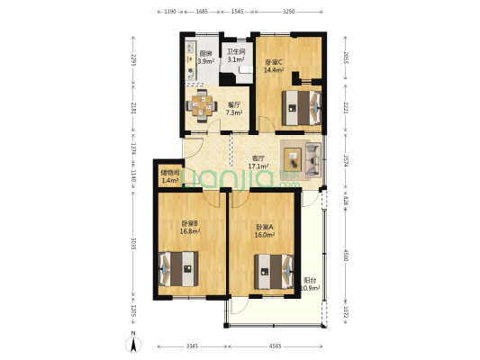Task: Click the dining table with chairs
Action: pyautogui.click(x=203, y=106)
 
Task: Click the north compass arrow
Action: pyautogui.click(x=133, y=342)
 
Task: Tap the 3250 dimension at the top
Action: pyautogui.click(x=288, y=12)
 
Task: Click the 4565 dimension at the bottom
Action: pyautogui.click(x=274, y=346)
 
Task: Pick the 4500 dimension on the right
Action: pyautogui.click(x=345, y=256)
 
